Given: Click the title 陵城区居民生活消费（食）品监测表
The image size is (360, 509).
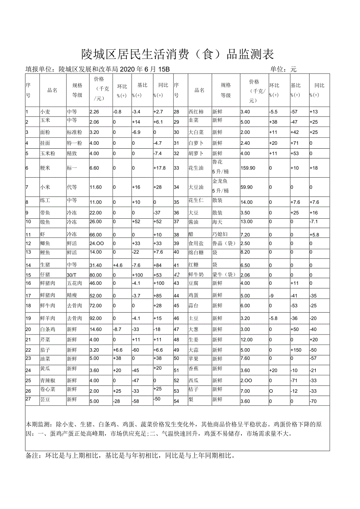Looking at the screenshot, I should pos(177,54).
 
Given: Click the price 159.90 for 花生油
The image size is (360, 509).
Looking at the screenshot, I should pos(248,168).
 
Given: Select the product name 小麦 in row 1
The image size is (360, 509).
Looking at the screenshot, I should pos(45,112).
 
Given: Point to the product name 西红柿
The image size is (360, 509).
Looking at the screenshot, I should pos(196,112).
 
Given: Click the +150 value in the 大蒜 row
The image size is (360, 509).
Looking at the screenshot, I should pos(296,350).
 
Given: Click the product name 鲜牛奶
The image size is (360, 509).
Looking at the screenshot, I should pos(196,275).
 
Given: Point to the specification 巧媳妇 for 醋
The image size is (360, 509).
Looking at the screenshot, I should pos(220,234).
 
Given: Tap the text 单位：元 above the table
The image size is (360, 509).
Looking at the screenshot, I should pos(283,69).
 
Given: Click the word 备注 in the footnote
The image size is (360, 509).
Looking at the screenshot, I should pos(33,456).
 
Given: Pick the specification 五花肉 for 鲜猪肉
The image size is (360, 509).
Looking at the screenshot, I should pos(74,283).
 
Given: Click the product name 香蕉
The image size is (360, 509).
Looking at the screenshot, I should pos(194,369).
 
